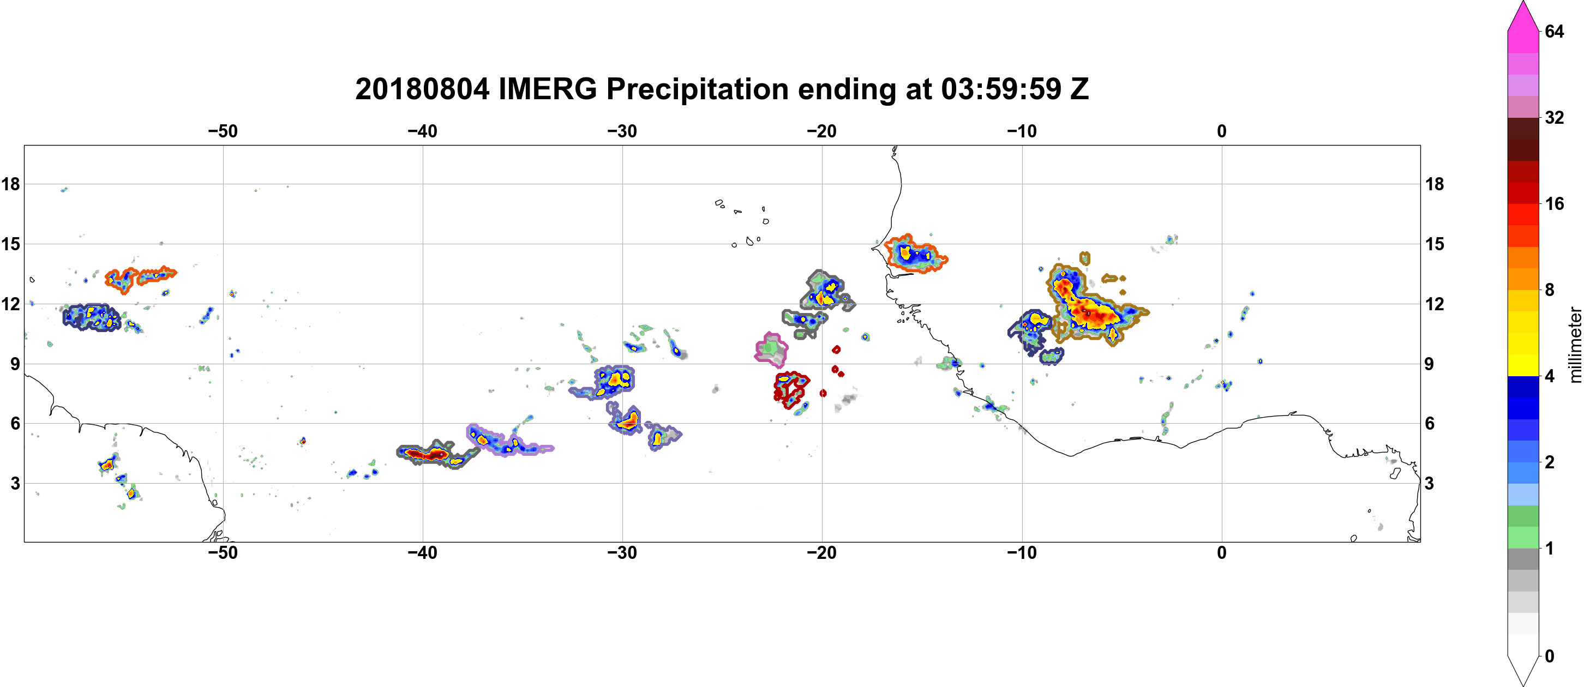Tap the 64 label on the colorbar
tap(1554, 31)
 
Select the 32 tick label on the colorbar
tap(1554, 117)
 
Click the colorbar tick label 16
tap(1554, 203)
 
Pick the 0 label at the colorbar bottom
tap(1550, 656)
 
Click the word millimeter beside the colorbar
tap(1575, 345)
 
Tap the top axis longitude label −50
tap(223, 131)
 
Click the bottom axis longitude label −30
tap(622, 552)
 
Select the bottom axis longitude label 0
tap(1222, 552)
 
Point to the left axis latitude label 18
tap(10, 184)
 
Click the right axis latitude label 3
tap(1430, 483)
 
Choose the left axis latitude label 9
tap(15, 364)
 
